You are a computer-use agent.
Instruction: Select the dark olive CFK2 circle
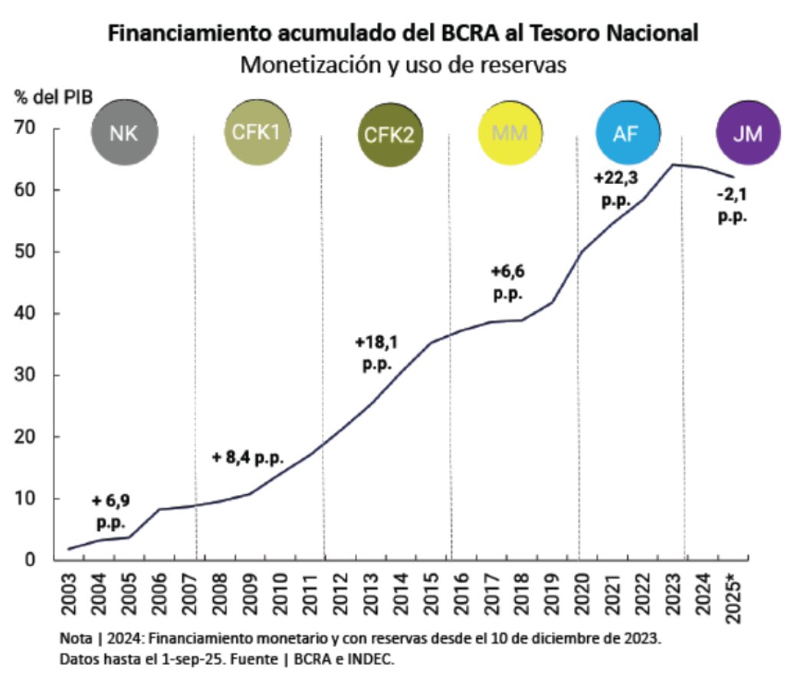[x=389, y=136]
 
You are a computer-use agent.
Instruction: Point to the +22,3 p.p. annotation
[x=616, y=188]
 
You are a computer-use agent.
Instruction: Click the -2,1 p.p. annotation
[x=732, y=205]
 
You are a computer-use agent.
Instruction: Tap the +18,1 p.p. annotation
[x=377, y=352]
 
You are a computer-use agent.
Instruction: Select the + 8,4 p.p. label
[x=248, y=459]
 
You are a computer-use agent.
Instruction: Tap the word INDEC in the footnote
[x=372, y=659]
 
